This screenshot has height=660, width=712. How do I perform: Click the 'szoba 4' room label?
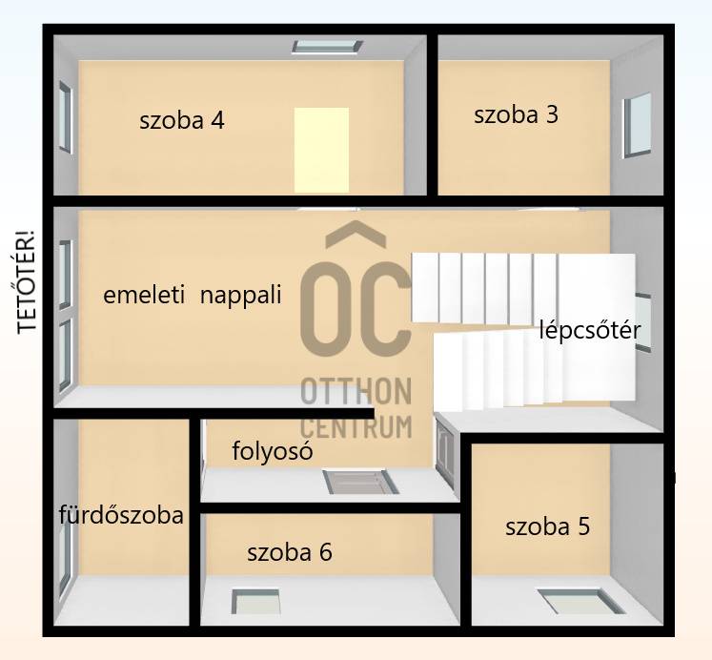(182, 120)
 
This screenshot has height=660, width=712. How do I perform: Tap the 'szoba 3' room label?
(516, 114)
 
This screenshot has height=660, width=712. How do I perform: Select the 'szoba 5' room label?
(548, 526)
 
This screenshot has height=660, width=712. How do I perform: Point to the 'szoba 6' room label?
(289, 552)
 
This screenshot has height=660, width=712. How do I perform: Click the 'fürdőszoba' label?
(121, 515)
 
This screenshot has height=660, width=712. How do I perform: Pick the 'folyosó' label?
(273, 451)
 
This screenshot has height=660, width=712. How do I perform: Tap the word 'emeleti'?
(144, 295)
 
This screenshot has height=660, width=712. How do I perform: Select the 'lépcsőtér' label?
(589, 331)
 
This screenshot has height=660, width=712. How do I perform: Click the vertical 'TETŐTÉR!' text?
(27, 282)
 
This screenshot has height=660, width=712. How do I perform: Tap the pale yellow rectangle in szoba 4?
(321, 150)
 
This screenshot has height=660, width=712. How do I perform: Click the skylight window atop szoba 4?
(327, 47)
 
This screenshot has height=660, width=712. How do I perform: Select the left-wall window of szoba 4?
(66, 116)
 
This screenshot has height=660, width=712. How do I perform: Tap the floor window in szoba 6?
(256, 602)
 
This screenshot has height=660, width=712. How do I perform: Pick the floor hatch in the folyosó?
(360, 482)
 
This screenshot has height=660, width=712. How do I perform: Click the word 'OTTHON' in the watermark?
(356, 391)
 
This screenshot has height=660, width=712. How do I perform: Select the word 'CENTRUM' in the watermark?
(356, 426)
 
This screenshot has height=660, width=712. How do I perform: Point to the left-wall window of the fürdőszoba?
(65, 553)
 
